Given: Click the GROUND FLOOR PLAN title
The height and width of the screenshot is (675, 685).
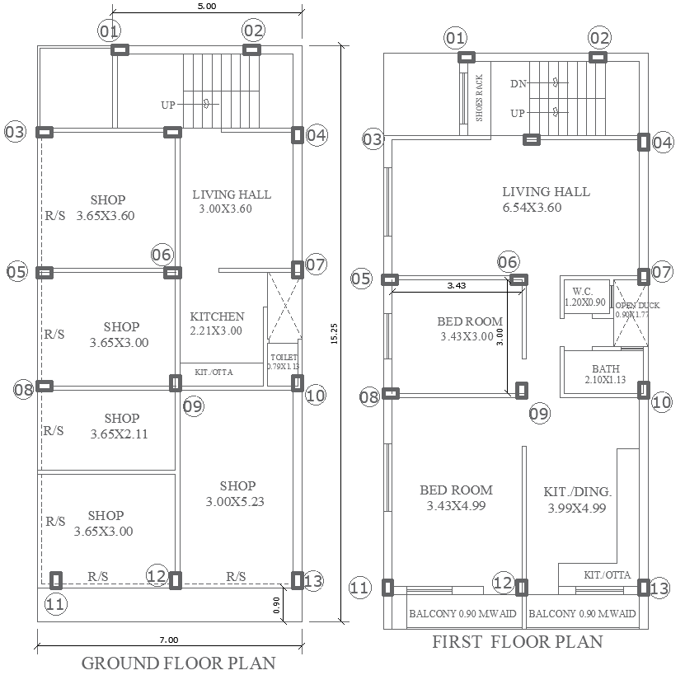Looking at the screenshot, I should click(x=178, y=663).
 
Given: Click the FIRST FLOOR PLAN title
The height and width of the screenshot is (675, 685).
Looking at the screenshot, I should click(x=517, y=642).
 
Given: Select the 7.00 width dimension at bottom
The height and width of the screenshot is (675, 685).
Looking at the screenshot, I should click(x=169, y=639).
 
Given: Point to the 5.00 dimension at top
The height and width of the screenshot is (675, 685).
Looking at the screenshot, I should click(x=206, y=7).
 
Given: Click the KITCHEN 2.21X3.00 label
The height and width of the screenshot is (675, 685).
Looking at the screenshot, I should click(x=217, y=323).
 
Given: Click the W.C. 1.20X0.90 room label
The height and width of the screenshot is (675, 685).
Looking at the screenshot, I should click(x=584, y=297).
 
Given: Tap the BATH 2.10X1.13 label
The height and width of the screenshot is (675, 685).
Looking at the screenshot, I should click(x=605, y=374).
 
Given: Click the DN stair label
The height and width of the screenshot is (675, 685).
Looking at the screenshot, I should click(x=518, y=83).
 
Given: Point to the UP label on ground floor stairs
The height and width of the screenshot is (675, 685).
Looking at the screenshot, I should click(x=168, y=105).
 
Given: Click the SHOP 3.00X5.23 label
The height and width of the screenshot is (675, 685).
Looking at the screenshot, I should click(x=237, y=493).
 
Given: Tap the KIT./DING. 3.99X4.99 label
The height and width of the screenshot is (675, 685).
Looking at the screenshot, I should click(x=578, y=499).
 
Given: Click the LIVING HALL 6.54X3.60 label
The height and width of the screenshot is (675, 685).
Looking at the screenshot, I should click(x=546, y=199).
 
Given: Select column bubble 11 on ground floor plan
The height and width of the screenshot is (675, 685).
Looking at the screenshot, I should click(x=54, y=604).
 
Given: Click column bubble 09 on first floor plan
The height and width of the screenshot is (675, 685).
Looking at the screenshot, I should click(x=538, y=414).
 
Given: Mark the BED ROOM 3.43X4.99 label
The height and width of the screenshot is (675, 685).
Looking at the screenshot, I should click(x=455, y=497).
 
